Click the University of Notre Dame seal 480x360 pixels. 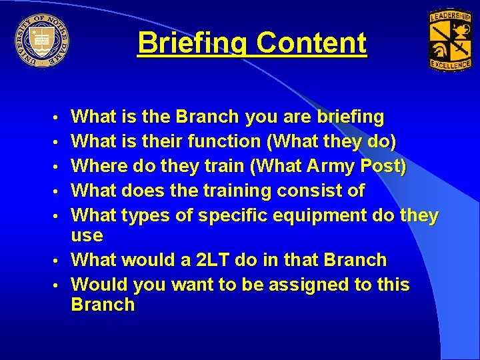(x=41, y=41)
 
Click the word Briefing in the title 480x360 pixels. (x=193, y=44)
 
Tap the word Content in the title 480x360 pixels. (x=311, y=44)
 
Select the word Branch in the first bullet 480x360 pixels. (x=207, y=117)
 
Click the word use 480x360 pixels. (x=87, y=236)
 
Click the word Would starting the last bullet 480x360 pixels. (x=100, y=285)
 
